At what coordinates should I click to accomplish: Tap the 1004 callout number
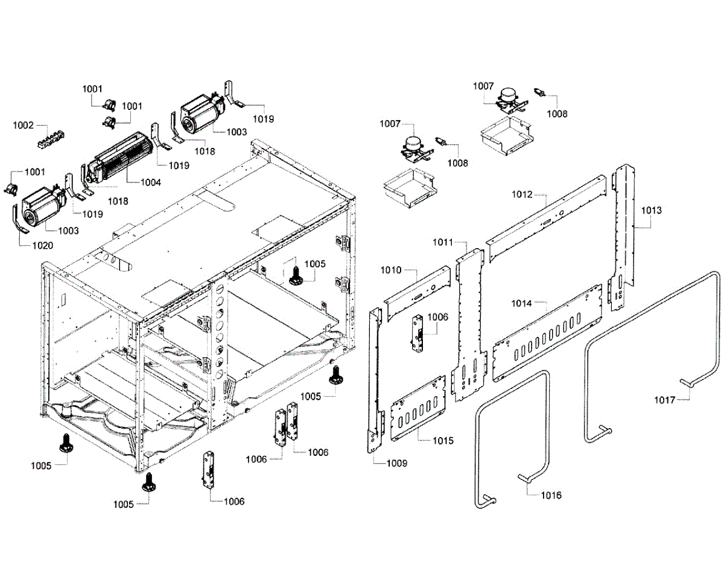pyautogui.click(x=151, y=182)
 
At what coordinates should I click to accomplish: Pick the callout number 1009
pyautogui.click(x=396, y=464)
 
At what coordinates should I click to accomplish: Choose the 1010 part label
pyautogui.click(x=390, y=270)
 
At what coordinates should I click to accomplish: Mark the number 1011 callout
pyautogui.click(x=442, y=242)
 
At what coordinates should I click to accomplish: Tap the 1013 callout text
pyautogui.click(x=651, y=210)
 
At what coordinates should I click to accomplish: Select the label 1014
pyautogui.click(x=522, y=304)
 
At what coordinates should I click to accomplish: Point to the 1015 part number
pyautogui.click(x=443, y=440)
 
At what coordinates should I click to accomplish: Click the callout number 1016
pyautogui.click(x=551, y=495)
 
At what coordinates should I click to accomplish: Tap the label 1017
pyautogui.click(x=665, y=399)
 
